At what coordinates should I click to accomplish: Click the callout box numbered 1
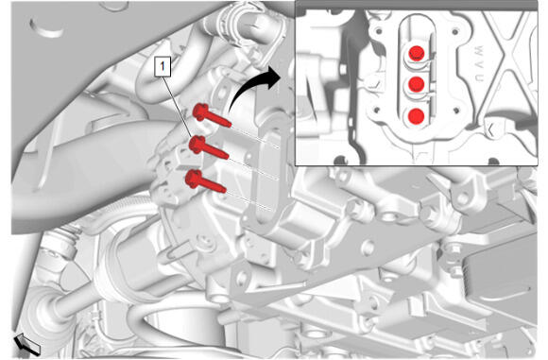[163, 67]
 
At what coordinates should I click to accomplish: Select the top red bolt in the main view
[212, 115]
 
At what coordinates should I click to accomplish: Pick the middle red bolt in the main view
[208, 147]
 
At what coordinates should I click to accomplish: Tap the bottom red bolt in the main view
[206, 181]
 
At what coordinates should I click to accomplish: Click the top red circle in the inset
[417, 52]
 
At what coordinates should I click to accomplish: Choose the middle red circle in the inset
[417, 84]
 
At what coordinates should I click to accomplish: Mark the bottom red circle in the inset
[416, 116]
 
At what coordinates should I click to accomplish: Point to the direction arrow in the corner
[27, 344]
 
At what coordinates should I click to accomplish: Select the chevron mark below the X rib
[491, 130]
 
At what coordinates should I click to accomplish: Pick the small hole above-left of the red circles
[378, 31]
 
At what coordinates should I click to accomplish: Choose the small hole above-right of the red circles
[455, 32]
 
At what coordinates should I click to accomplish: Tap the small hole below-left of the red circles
[376, 111]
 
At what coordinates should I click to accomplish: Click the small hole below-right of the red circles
[455, 111]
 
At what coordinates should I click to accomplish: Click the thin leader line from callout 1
[178, 107]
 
